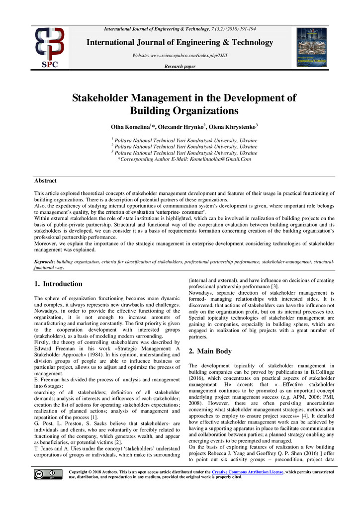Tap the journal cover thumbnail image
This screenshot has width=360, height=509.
pos(311,47)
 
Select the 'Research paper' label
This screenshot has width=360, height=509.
pos(180,66)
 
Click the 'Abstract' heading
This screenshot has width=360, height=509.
pos(45,180)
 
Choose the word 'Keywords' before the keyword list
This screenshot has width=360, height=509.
pos(44,261)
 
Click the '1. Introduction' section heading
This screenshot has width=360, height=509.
pos(58,284)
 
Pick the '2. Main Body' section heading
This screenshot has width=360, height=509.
pos(210,351)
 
